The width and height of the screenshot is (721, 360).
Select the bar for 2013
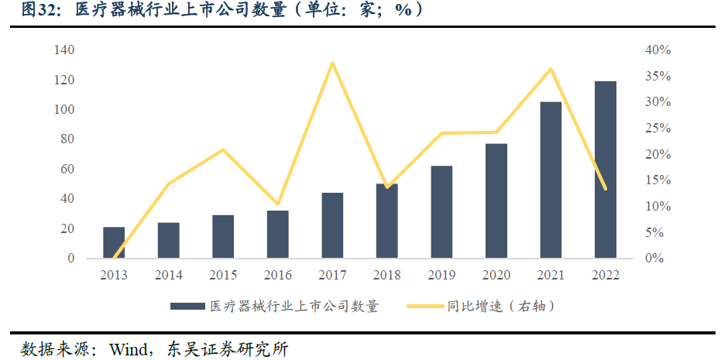click(114, 242)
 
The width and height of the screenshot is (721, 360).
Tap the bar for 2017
click(332, 225)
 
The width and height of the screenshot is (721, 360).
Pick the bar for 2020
click(496, 201)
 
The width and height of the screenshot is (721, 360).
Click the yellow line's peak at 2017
click(332, 63)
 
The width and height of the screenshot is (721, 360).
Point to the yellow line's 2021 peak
click(551, 69)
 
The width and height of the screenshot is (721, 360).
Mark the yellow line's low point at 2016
click(278, 204)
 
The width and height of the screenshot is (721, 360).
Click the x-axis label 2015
click(223, 276)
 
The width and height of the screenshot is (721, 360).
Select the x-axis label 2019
click(441, 276)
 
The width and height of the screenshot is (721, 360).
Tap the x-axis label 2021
click(551, 276)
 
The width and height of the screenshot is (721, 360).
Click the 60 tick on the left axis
click(67, 170)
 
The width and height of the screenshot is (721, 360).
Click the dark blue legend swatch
click(188, 307)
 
